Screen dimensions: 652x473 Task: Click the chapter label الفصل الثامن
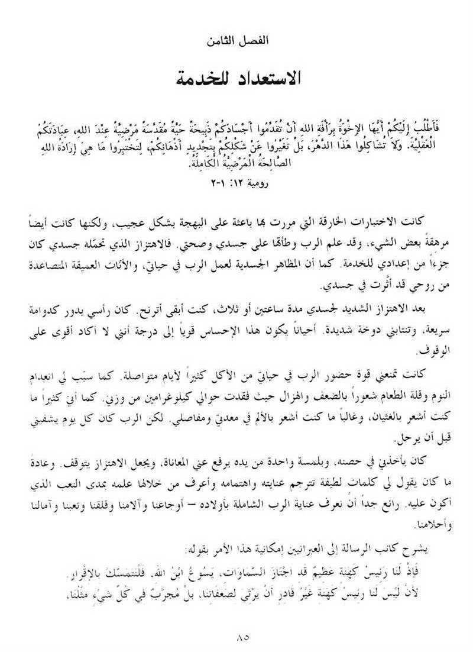pos(237,41)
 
